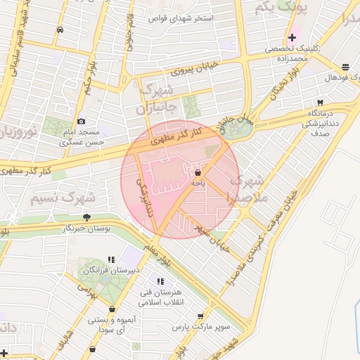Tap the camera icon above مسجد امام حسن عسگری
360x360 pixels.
pos(81,122)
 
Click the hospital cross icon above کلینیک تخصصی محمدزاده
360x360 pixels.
pos(292,37)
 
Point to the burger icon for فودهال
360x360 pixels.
pos(345,67)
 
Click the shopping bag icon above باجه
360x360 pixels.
pos(198,172)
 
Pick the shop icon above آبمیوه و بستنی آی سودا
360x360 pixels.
pos(112,309)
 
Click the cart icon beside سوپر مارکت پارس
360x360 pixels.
pos(201,316)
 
